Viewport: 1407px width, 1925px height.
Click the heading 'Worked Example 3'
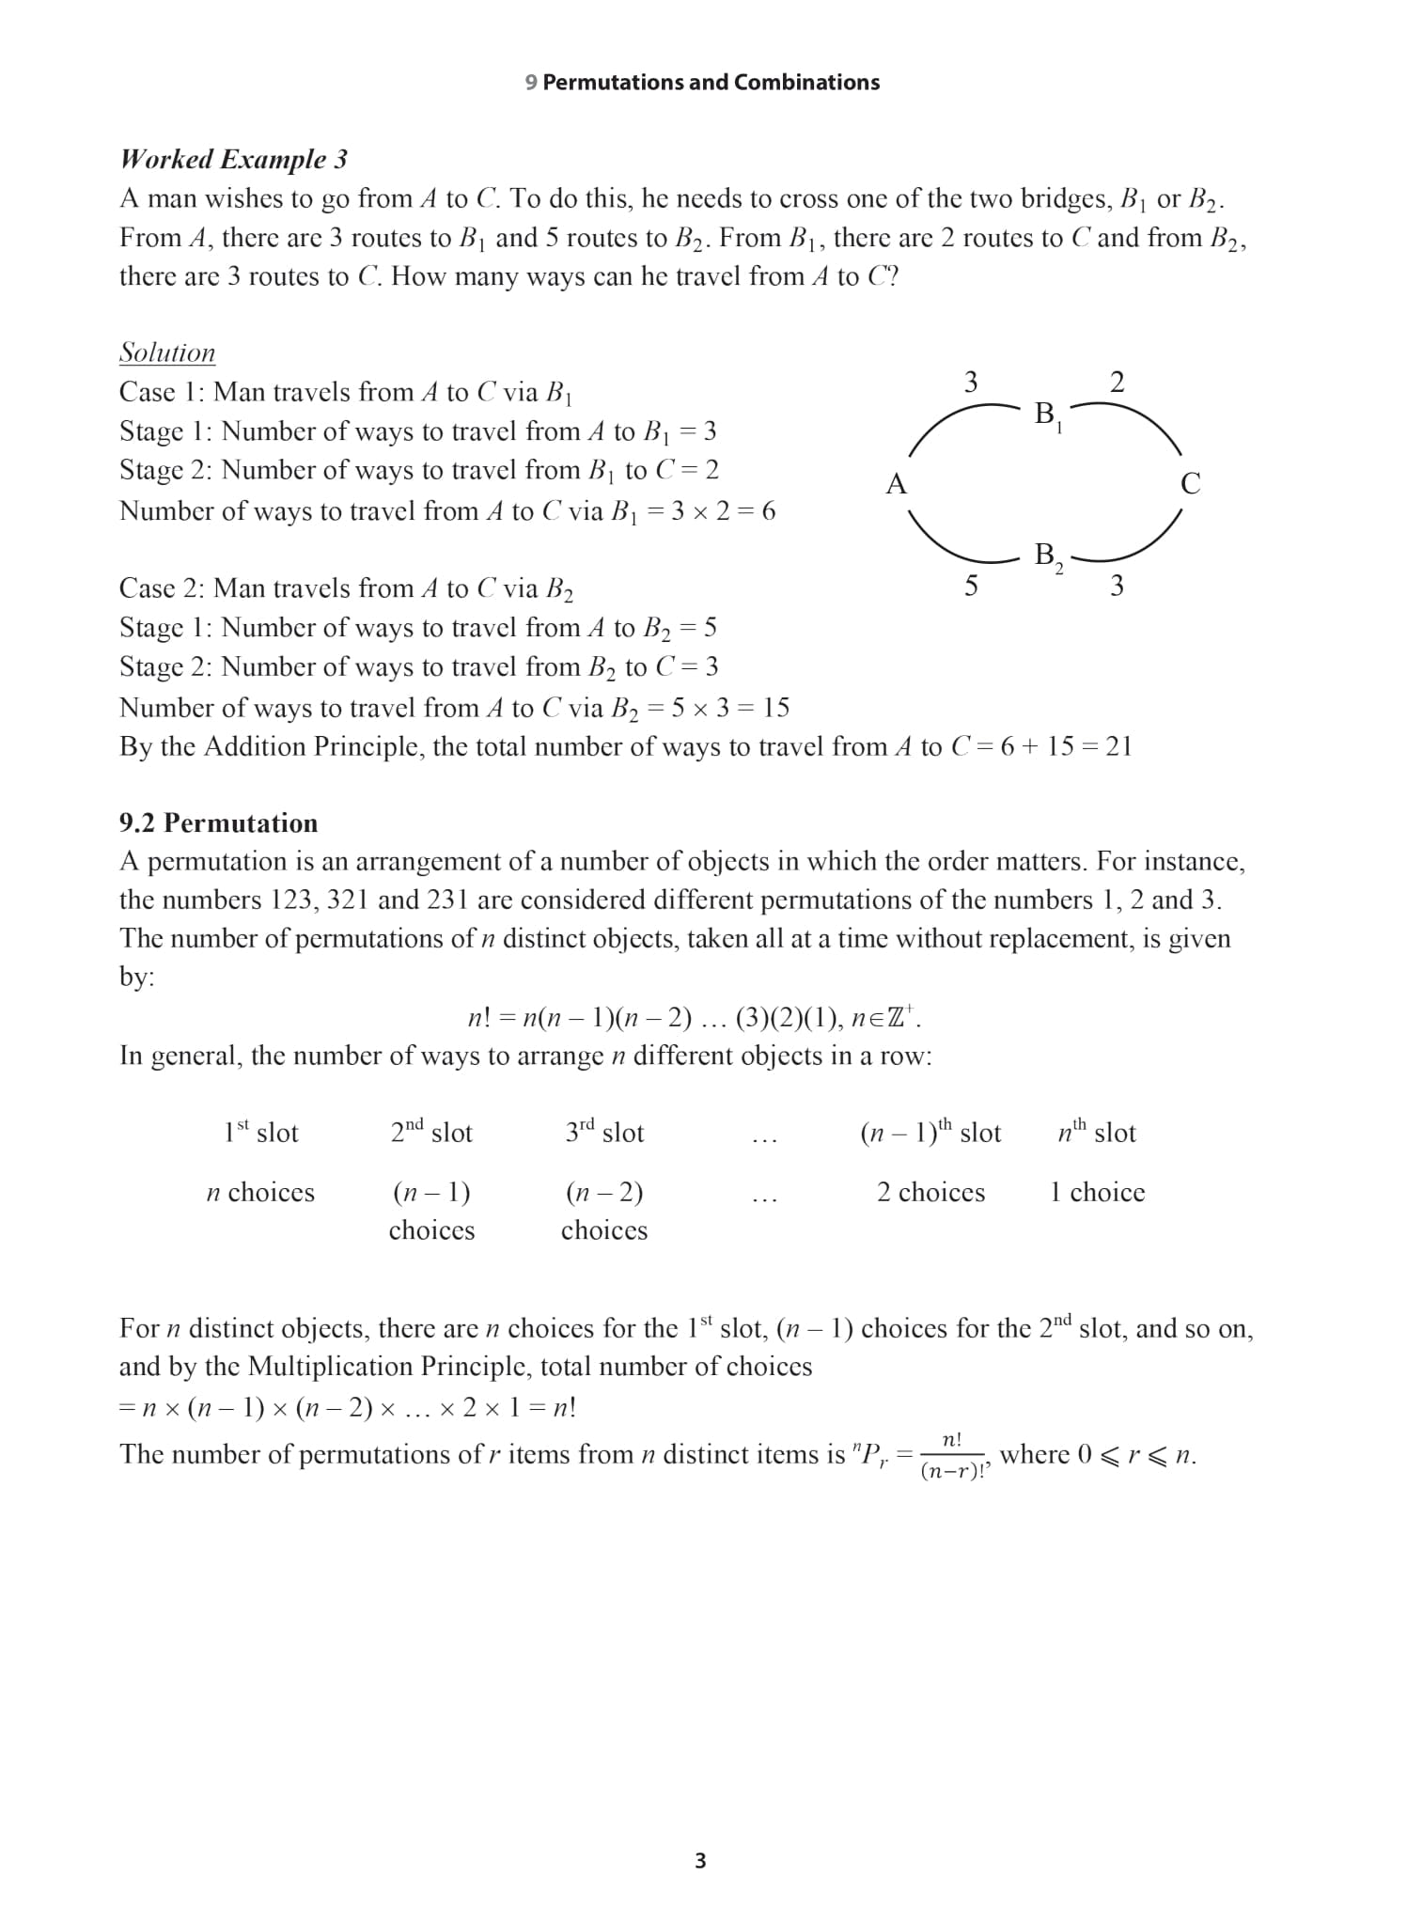pyautogui.click(x=233, y=159)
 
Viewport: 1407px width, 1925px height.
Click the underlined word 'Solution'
pyautogui.click(x=167, y=352)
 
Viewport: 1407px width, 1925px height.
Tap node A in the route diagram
pyautogui.click(x=896, y=484)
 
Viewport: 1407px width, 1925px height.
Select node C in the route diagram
pyautogui.click(x=1190, y=484)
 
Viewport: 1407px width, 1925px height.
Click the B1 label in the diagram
pyautogui.click(x=1047, y=415)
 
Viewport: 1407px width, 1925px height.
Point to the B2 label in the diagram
pyautogui.click(x=1047, y=556)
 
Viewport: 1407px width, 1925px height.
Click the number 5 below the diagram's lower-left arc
pyautogui.click(x=971, y=587)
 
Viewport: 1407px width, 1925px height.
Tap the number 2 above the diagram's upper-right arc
pyautogui.click(x=1117, y=382)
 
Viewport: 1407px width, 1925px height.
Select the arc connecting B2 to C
pyautogui.click(x=1142, y=546)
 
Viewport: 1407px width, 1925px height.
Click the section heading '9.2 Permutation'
pyautogui.click(x=218, y=822)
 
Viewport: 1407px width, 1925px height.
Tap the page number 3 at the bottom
pyautogui.click(x=700, y=1860)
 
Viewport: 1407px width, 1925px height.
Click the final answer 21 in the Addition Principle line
pyautogui.click(x=1118, y=746)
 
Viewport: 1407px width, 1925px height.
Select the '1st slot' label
pyautogui.click(x=260, y=1132)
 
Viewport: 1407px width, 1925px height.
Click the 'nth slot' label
pyautogui.click(x=1097, y=1132)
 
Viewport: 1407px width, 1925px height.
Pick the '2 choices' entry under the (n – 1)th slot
pyautogui.click(x=930, y=1192)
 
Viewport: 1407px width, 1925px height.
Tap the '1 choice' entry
pyautogui.click(x=1097, y=1192)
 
